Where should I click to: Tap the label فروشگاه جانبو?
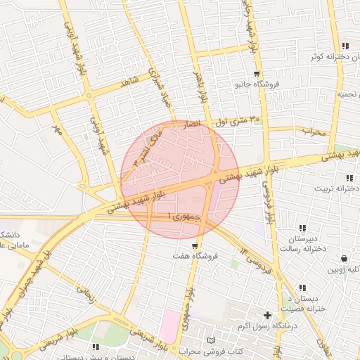257,84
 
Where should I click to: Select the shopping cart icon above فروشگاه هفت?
195,246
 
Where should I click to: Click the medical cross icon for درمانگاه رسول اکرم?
267,316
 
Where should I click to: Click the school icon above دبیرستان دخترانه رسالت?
302,228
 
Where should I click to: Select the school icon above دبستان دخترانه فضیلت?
302,288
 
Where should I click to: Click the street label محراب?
314,131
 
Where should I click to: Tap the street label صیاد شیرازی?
159,90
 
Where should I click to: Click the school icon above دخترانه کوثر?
336,46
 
